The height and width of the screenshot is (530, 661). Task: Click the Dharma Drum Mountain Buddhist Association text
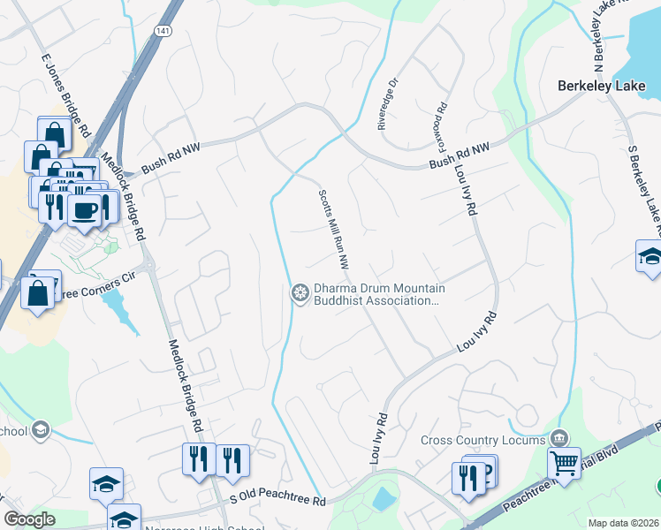379,294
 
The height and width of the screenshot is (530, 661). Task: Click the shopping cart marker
563,461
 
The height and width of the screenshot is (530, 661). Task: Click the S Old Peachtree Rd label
277,501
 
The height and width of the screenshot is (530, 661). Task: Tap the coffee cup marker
86,211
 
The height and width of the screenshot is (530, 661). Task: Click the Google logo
29,519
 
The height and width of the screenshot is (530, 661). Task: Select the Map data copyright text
623,523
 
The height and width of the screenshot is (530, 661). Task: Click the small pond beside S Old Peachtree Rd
384,499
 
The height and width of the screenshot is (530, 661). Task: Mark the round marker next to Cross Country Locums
558,438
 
